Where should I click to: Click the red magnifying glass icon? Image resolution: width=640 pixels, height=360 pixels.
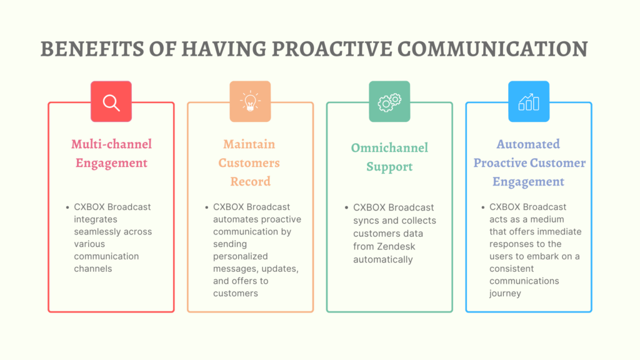[x=111, y=102]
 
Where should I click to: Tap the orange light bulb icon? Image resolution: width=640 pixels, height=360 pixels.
[x=250, y=102]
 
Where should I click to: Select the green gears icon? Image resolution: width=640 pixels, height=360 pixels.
[x=389, y=102]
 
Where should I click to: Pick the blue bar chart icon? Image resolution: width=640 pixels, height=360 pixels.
[x=529, y=102]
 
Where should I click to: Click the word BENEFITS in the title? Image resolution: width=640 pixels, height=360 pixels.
[x=92, y=49]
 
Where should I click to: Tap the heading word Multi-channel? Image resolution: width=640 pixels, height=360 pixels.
[x=111, y=144]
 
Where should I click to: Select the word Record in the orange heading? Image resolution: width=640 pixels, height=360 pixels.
[x=250, y=181]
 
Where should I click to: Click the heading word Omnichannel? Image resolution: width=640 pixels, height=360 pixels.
[x=389, y=147]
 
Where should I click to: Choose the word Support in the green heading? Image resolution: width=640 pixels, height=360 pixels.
[x=389, y=166]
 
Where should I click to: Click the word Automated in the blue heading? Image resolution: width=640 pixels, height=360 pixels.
[x=528, y=144]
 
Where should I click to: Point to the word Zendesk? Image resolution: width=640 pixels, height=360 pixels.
[x=396, y=246]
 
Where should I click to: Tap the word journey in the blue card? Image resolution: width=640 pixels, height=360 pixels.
[x=505, y=294]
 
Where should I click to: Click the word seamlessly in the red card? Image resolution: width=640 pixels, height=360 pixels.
[x=113, y=231]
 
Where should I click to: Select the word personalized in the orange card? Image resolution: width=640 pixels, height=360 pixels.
[x=241, y=256]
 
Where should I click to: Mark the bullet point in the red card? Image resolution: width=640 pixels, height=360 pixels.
[x=67, y=207]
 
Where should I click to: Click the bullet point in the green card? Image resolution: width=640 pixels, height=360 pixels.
[x=346, y=207]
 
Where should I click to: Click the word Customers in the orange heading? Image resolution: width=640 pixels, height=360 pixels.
[x=249, y=163]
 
